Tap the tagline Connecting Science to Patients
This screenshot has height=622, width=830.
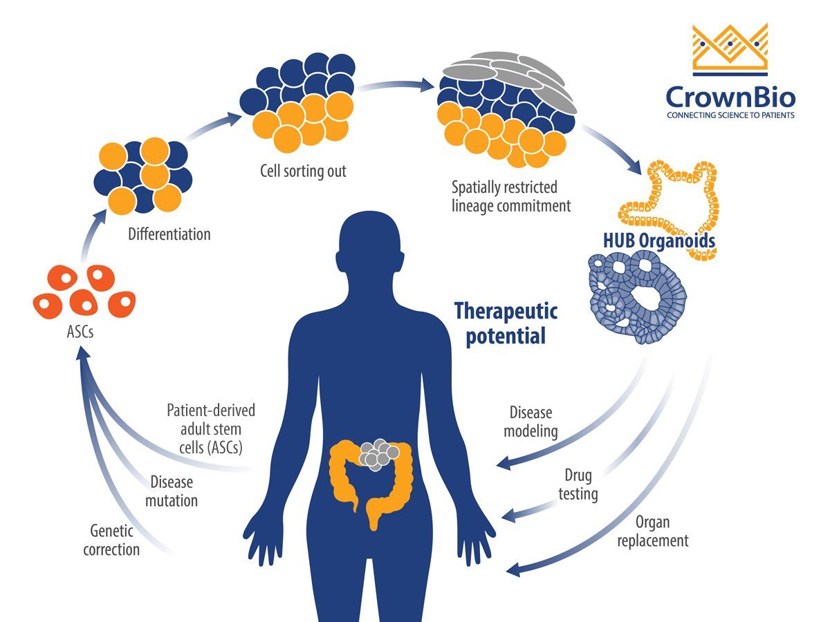click(730, 115)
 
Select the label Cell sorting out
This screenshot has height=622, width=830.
click(303, 171)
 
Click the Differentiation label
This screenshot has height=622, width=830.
click(169, 234)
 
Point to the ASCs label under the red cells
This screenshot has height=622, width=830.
click(77, 332)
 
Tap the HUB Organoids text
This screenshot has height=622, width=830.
click(659, 241)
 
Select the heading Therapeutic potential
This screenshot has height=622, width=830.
click(506, 323)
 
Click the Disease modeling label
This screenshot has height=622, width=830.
click(531, 422)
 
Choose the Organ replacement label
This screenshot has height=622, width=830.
click(652, 531)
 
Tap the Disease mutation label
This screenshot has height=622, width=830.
click(171, 491)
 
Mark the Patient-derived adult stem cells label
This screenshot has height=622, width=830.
click(211, 428)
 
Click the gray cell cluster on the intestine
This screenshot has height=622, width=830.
click(378, 453)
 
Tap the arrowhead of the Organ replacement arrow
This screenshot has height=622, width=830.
click(513, 569)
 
